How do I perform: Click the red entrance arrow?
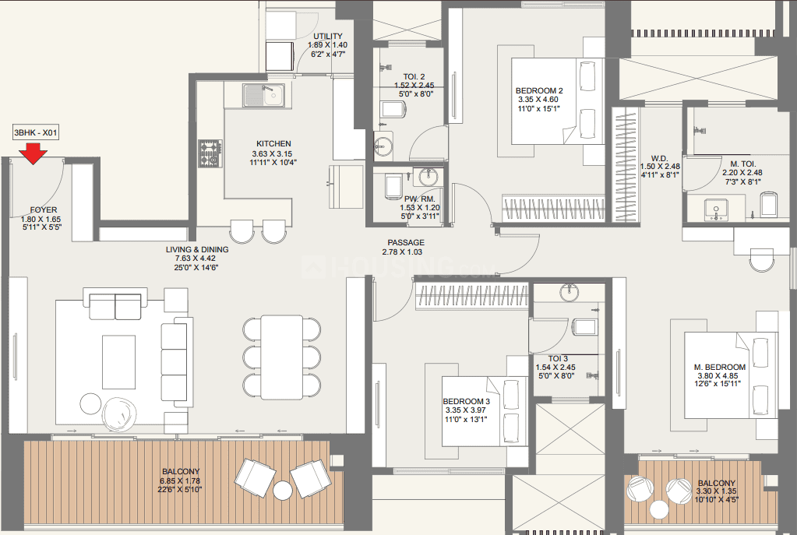point(33,153)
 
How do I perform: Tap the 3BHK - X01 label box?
point(36,133)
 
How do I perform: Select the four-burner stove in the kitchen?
point(210,154)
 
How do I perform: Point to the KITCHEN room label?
point(273,144)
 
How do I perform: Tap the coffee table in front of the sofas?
point(118,362)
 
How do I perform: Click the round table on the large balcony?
point(283,491)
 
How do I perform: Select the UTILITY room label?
point(328,36)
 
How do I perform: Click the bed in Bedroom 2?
point(558,101)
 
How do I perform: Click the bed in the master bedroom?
point(731,375)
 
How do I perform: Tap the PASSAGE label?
point(406,242)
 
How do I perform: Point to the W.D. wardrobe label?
point(659,158)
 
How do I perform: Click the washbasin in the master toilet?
point(716,210)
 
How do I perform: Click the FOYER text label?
point(44,209)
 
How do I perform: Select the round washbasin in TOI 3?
point(570,293)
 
